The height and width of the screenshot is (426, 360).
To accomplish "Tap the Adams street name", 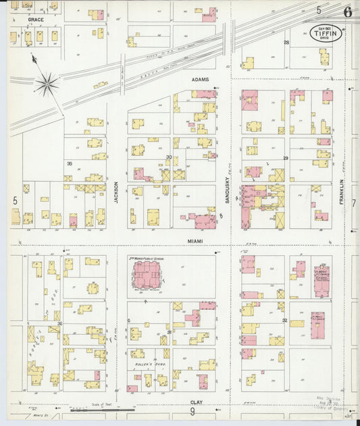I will click(200, 80).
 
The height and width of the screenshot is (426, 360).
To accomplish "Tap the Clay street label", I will click(196, 402).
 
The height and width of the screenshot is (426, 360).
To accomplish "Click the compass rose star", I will click(47, 84).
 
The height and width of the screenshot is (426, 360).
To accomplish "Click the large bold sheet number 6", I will click(347, 11).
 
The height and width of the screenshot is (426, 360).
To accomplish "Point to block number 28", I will click(286, 43).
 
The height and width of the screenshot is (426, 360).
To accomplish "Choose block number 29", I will click(286, 158).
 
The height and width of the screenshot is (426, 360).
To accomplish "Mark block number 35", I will click(69, 164).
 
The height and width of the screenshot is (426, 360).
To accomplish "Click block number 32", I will click(285, 320).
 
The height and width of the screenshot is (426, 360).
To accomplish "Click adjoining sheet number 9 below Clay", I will click(192, 411).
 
